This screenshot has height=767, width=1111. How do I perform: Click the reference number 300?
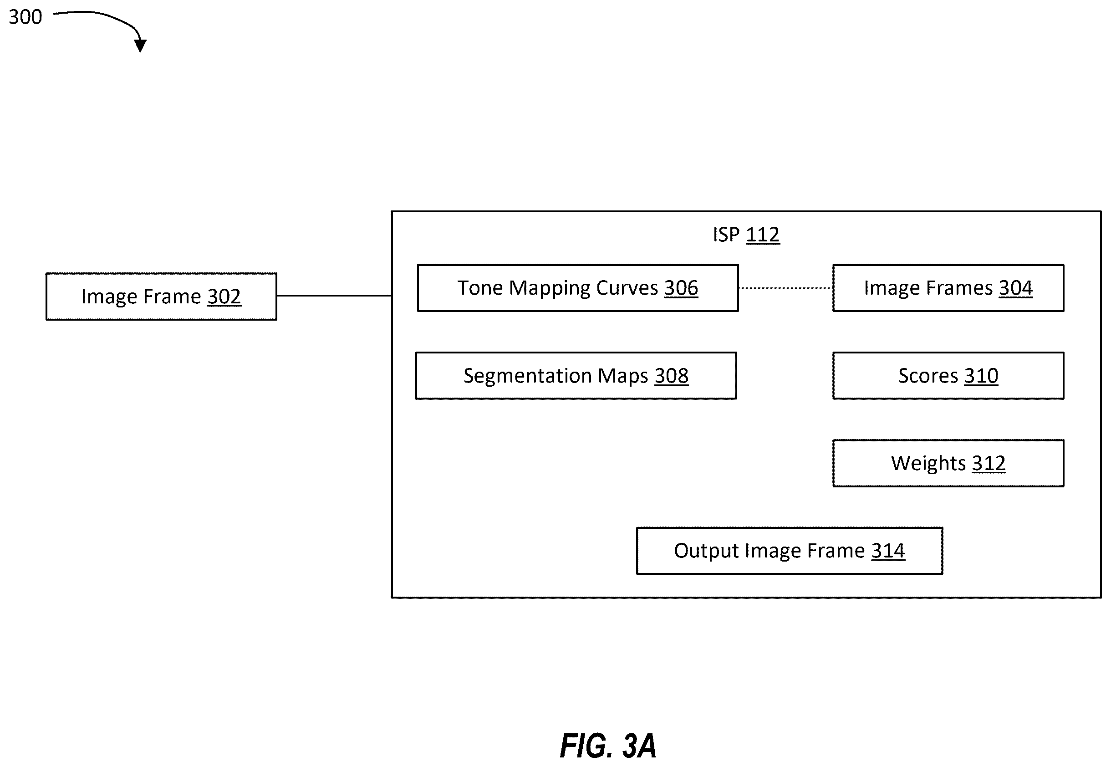25,17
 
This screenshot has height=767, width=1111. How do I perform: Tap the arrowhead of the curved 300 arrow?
140,46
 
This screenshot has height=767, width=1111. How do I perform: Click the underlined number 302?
224,297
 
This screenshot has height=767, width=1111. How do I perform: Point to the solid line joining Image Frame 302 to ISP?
334,296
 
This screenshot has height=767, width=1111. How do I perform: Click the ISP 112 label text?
746,235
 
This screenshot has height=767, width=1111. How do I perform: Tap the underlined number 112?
763,235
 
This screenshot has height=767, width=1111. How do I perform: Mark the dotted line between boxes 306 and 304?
786,288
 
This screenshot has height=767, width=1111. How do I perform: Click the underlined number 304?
1015,288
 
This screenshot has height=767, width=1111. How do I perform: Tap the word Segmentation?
528,376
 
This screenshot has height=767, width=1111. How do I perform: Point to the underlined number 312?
989,463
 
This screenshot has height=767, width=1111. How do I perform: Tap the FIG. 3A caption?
607,746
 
